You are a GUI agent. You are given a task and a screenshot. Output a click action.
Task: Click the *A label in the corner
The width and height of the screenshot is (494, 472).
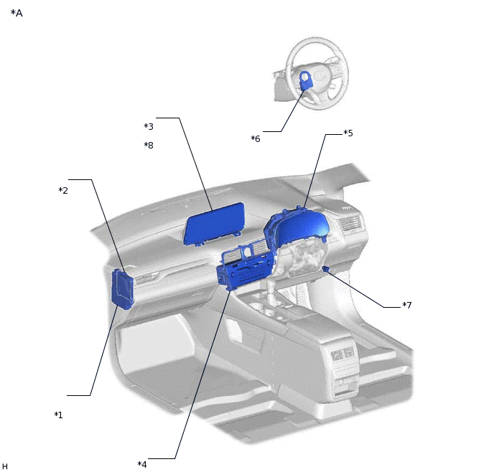tap(17, 13)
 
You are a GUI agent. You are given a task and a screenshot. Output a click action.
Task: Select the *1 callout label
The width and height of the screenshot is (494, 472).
tap(58, 415)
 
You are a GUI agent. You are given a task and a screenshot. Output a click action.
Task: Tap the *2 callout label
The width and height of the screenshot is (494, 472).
tap(63, 190)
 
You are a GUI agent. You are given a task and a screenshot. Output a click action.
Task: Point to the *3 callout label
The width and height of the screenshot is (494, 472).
tap(149, 126)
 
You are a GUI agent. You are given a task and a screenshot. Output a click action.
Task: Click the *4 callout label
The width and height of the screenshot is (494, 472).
tap(142, 464)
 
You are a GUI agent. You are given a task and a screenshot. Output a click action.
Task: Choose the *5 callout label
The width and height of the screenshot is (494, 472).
tap(348, 133)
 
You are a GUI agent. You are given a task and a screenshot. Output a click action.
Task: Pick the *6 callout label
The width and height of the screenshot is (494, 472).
tap(256, 138)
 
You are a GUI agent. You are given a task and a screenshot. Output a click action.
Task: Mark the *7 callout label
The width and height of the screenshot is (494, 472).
tap(406, 305)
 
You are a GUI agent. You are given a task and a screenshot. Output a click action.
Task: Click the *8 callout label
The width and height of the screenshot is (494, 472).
tap(149, 146)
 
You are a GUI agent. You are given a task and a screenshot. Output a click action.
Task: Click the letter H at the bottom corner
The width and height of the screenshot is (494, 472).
tap(5, 466)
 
